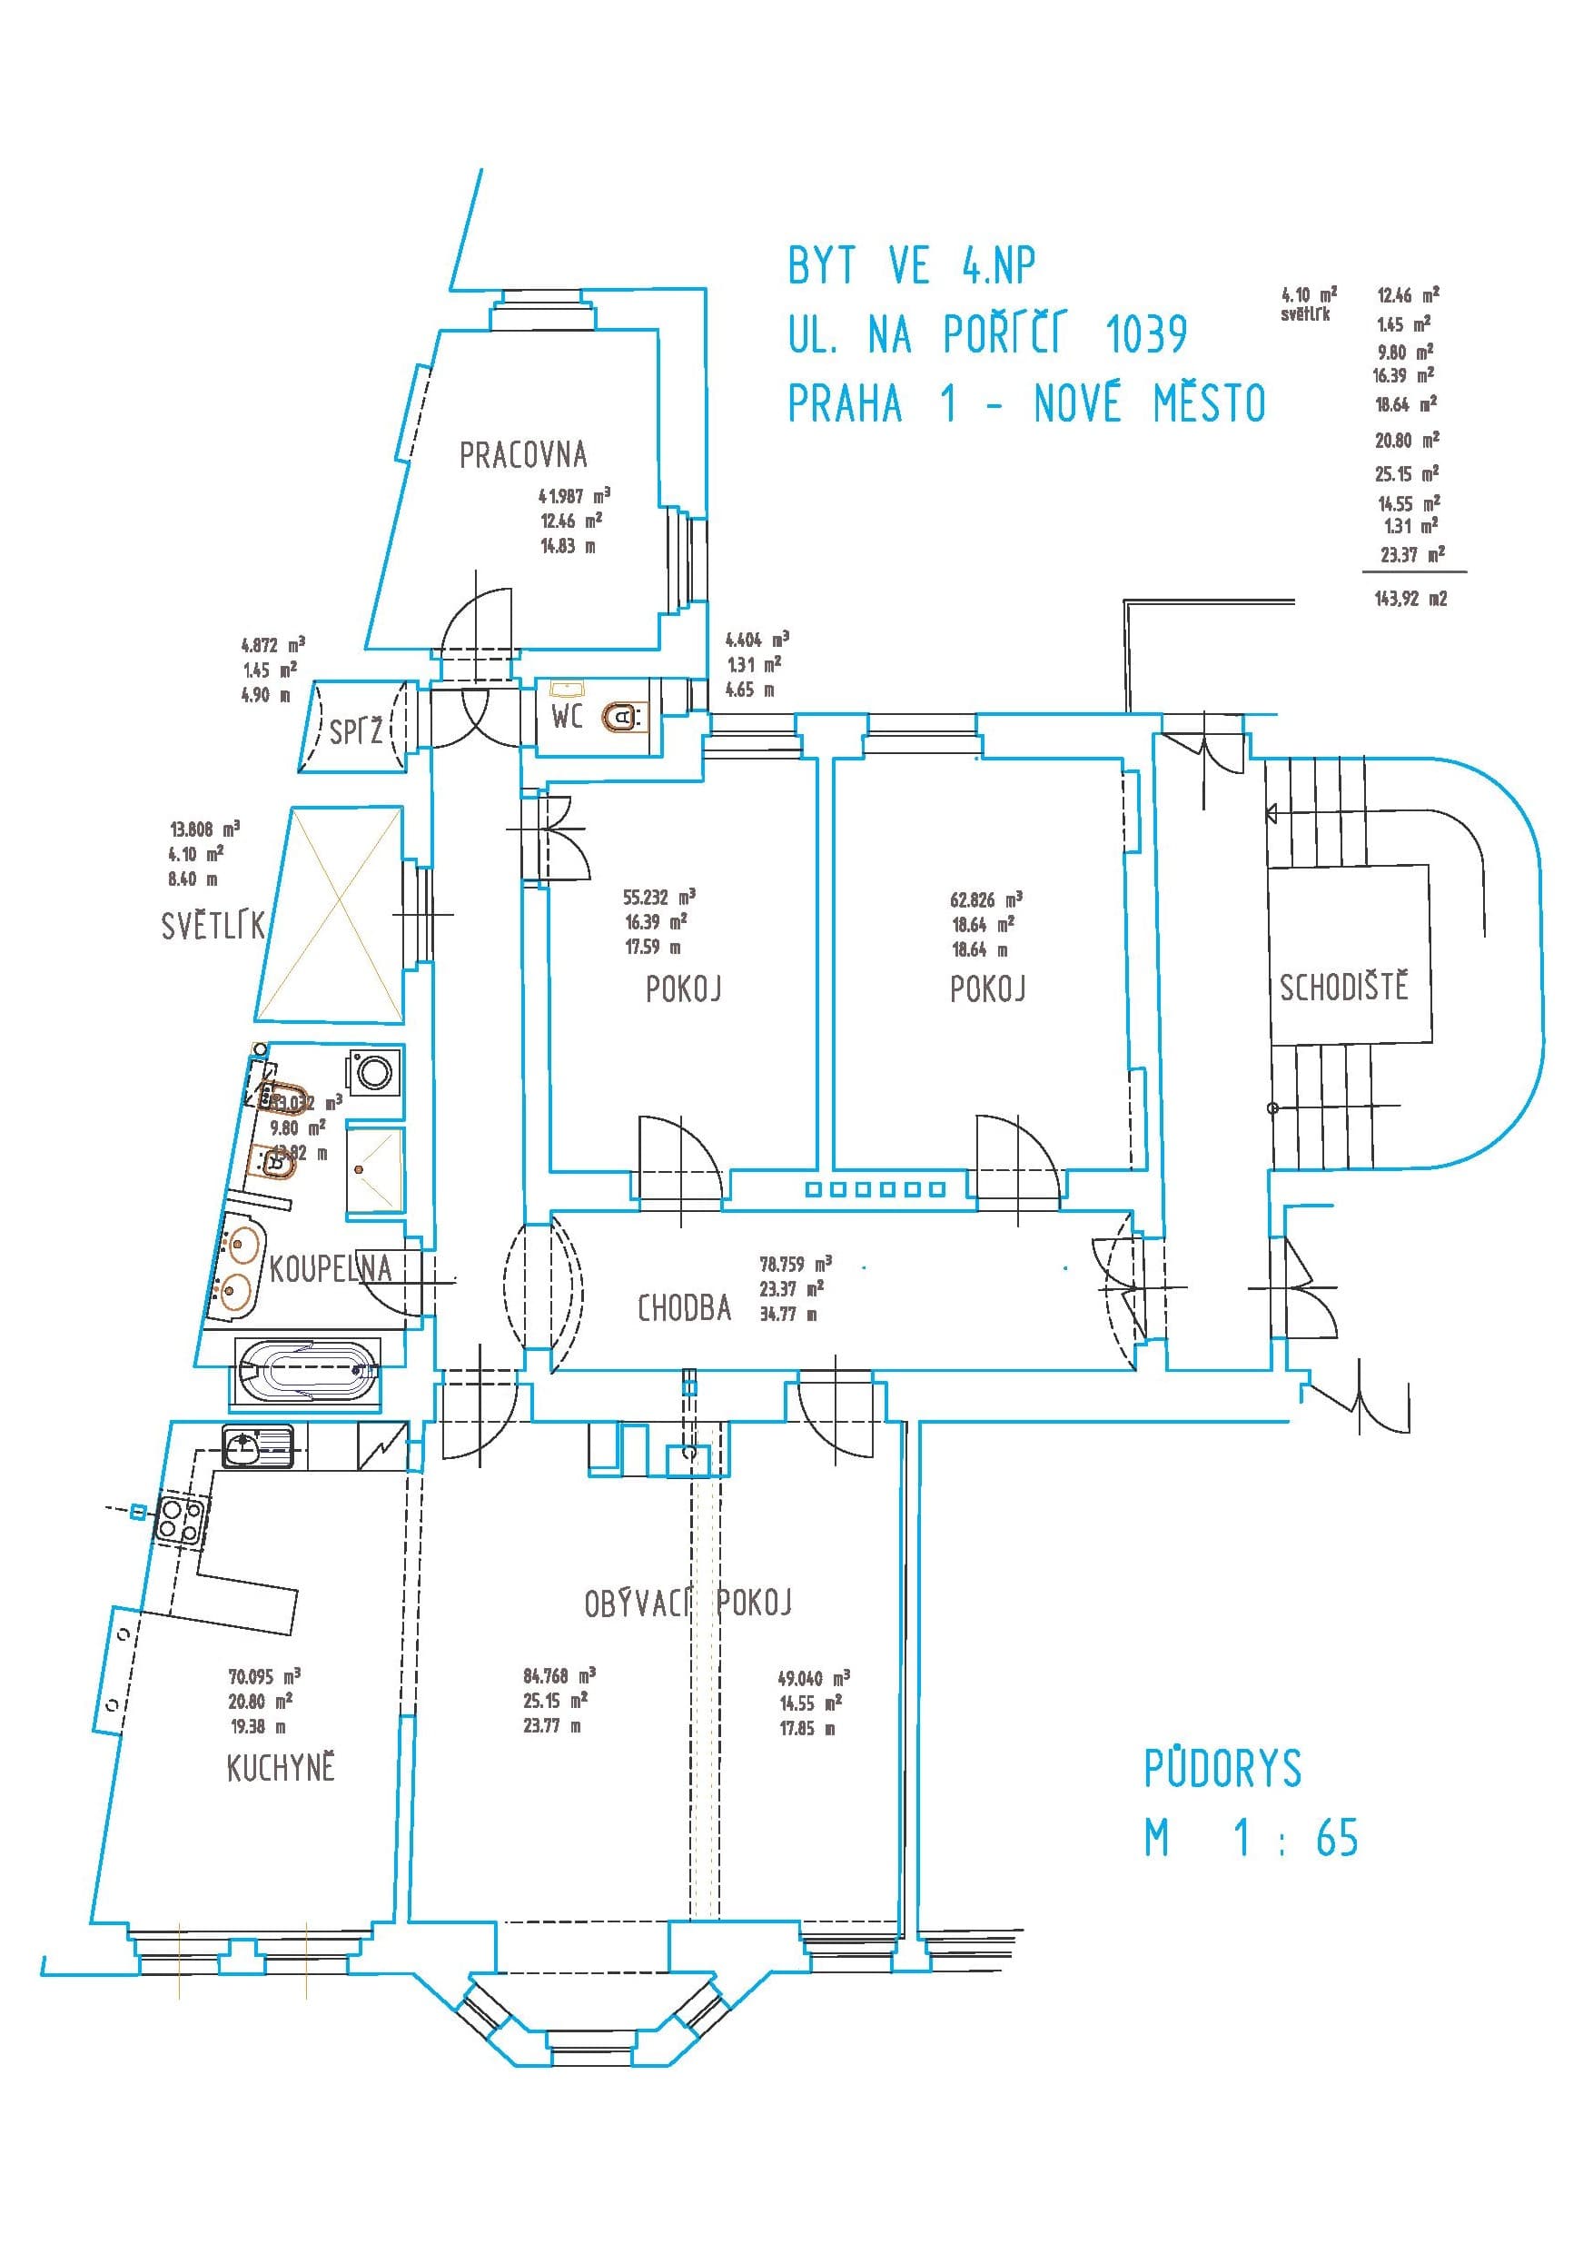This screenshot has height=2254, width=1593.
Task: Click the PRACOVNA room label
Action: (523, 455)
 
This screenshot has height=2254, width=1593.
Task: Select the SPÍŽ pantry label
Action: (355, 731)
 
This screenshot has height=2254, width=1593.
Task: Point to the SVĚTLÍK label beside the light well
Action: (212, 926)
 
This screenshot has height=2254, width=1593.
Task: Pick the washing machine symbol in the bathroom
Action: (375, 1071)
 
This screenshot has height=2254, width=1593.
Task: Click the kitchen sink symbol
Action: (258, 1446)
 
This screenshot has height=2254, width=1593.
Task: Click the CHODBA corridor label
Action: (684, 1308)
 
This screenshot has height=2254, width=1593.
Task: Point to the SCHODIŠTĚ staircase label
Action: (1343, 987)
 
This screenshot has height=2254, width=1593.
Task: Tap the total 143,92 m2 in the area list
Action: (1410, 598)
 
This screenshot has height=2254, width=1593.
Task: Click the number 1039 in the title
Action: (1146, 334)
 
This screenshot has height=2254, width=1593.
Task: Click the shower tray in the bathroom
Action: (375, 1168)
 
